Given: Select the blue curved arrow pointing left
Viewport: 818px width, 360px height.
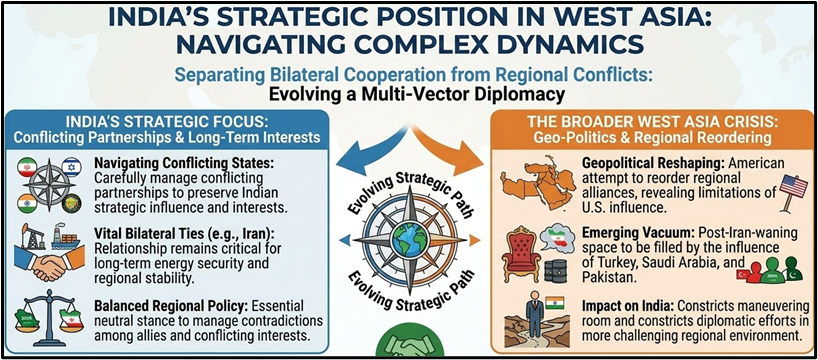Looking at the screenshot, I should (364, 146).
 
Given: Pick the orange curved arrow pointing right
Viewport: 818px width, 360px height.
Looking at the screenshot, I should (454, 146).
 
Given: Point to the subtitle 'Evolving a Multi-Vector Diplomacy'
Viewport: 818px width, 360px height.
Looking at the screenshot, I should (415, 95).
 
